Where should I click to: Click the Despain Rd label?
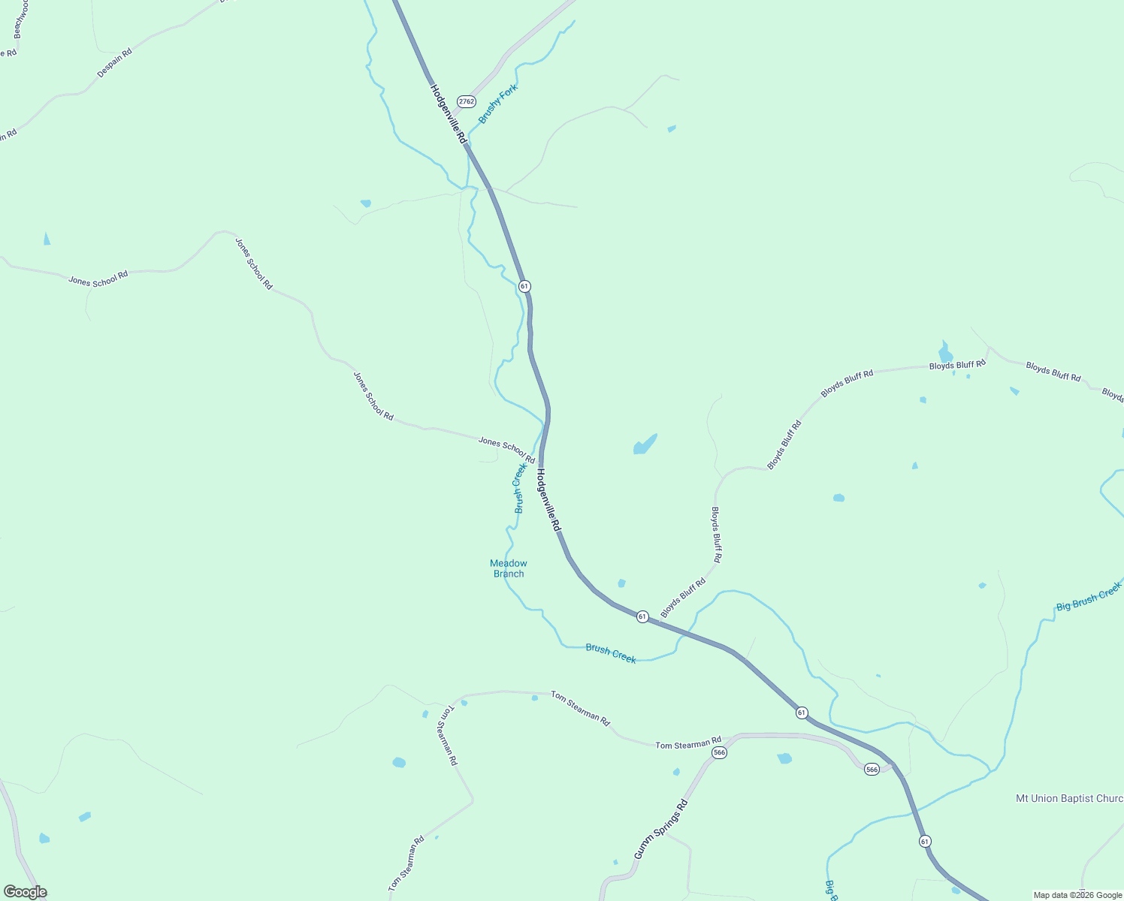pyautogui.click(x=114, y=63)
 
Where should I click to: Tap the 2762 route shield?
pyautogui.click(x=467, y=101)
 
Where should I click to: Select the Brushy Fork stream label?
pyautogui.click(x=498, y=104)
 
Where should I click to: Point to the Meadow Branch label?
pyautogui.click(x=509, y=568)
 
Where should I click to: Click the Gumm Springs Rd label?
pyautogui.click(x=660, y=830)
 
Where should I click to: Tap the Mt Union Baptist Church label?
pyautogui.click(x=1069, y=798)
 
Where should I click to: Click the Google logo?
pyautogui.click(x=25, y=892)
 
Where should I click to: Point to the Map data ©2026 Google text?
pyautogui.click(x=1077, y=895)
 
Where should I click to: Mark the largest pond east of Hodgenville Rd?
pyautogui.click(x=645, y=444)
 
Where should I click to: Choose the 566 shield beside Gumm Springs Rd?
pyautogui.click(x=719, y=752)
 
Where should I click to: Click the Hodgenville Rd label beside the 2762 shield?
pyautogui.click(x=449, y=114)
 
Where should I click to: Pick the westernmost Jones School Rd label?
pyautogui.click(x=98, y=279)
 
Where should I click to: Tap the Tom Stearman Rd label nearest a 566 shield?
pyautogui.click(x=687, y=744)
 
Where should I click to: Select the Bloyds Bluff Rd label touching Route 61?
pyautogui.click(x=683, y=598)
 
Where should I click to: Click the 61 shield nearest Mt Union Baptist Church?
pyautogui.click(x=925, y=842)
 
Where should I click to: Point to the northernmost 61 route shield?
pyautogui.click(x=524, y=286)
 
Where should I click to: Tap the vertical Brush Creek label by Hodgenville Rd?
pyautogui.click(x=520, y=488)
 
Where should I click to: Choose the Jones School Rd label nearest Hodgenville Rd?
pyautogui.click(x=506, y=450)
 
